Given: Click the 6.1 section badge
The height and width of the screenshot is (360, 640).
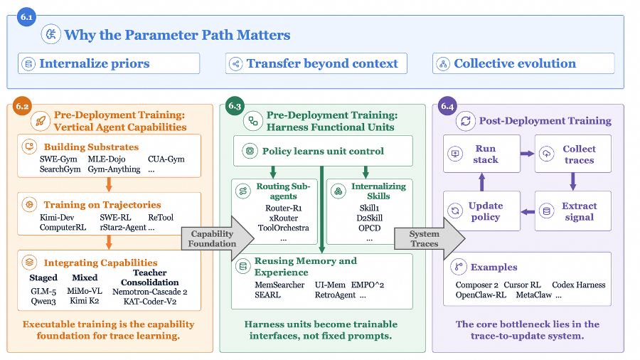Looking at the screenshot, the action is (x=26, y=17).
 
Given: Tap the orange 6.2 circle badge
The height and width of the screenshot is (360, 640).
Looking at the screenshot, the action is (x=22, y=106).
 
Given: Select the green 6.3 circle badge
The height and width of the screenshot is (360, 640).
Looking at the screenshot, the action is (x=235, y=106).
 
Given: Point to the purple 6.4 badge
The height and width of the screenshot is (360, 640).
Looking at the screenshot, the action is (x=447, y=106).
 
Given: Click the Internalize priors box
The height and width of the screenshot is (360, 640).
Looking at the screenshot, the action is (x=109, y=63).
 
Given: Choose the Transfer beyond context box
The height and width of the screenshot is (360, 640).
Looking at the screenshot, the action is (x=316, y=63).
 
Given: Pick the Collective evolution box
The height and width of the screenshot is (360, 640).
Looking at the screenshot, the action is (x=523, y=63).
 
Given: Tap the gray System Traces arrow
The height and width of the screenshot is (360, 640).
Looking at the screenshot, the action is (x=429, y=238).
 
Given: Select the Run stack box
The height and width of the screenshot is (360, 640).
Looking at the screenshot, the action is (x=481, y=154).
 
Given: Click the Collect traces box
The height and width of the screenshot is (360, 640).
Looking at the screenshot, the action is (x=573, y=154).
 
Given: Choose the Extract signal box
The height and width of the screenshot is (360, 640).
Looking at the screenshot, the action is (x=573, y=211).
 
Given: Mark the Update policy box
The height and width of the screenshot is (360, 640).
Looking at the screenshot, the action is (x=481, y=211).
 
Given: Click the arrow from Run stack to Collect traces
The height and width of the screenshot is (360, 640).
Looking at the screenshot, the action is (x=528, y=154).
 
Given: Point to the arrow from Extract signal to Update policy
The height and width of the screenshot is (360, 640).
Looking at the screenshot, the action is (x=528, y=212).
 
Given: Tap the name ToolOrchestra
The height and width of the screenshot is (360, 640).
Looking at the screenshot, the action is (x=283, y=228).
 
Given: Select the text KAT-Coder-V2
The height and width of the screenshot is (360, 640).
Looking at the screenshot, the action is (x=150, y=302).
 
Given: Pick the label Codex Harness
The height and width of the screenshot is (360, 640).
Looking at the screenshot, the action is (x=578, y=285).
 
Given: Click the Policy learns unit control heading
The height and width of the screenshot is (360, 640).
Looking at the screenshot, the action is (x=323, y=152).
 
